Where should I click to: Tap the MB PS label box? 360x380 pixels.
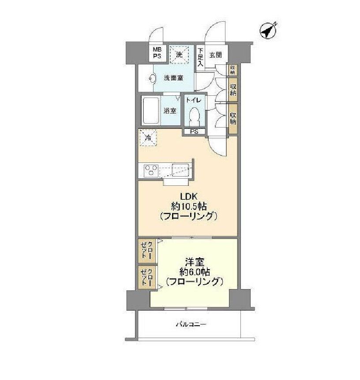[x=157, y=53]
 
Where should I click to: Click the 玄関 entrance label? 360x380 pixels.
[x=215, y=55]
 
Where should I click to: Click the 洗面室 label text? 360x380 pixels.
[x=173, y=78]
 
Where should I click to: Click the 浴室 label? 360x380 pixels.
[x=171, y=110]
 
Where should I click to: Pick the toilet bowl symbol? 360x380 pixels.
[x=194, y=117]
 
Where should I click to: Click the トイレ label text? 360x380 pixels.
[x=194, y=100]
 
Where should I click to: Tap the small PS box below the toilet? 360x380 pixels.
[x=194, y=132]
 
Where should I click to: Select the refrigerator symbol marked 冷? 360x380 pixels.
[x=148, y=138]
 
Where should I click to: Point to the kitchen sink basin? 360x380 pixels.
[x=180, y=169]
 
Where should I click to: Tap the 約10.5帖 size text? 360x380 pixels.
[x=188, y=206]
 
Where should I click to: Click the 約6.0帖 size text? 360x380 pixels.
[x=194, y=271]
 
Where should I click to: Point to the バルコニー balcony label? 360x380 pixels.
[x=191, y=325]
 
